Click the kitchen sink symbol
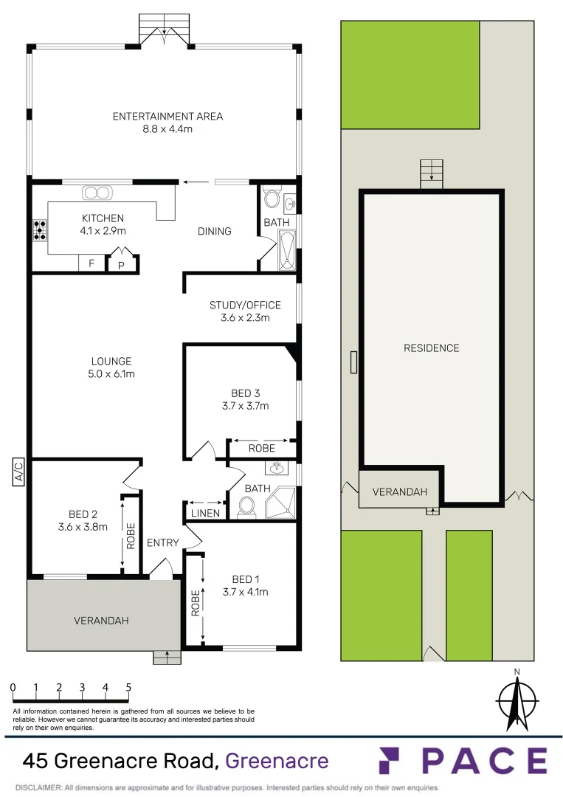tap(96, 193)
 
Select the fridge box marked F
tap(91, 263)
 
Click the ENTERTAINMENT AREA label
tap(167, 116)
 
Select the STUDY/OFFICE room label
tap(245, 305)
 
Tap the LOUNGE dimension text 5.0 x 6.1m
tap(111, 374)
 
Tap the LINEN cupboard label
tap(205, 513)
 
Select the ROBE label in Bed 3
tap(261, 448)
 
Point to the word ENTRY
tap(163, 542)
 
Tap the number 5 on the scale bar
tap(128, 688)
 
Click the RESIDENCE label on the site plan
tap(431, 348)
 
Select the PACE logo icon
tap(395, 761)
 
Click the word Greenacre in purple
tap(277, 759)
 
